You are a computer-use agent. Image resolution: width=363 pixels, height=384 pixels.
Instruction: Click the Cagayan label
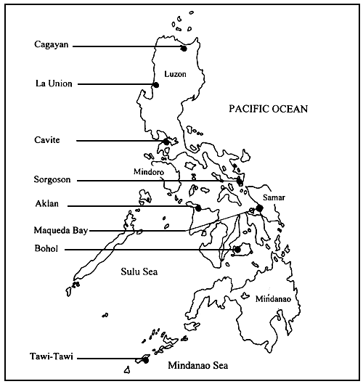click(52, 44)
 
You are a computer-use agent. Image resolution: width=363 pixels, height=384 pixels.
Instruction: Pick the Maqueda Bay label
click(60, 231)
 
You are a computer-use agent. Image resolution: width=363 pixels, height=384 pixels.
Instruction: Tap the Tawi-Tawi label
click(56, 357)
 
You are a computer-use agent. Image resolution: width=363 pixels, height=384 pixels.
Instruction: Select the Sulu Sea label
click(139, 271)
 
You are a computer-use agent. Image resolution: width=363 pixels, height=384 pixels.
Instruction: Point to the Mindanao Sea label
click(198, 366)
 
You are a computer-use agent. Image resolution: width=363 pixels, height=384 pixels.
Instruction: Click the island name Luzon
click(175, 74)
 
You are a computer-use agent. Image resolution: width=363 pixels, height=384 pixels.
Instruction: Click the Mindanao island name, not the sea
click(273, 298)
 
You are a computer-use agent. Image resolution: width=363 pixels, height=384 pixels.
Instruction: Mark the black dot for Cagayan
click(184, 49)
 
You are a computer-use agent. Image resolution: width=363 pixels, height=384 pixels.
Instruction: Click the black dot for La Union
click(155, 85)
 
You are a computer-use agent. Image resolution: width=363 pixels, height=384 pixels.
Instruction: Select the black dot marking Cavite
click(167, 142)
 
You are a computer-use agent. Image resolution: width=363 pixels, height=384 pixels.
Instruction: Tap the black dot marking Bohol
click(237, 250)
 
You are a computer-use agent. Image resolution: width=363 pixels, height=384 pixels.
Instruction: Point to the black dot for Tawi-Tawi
click(145, 359)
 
